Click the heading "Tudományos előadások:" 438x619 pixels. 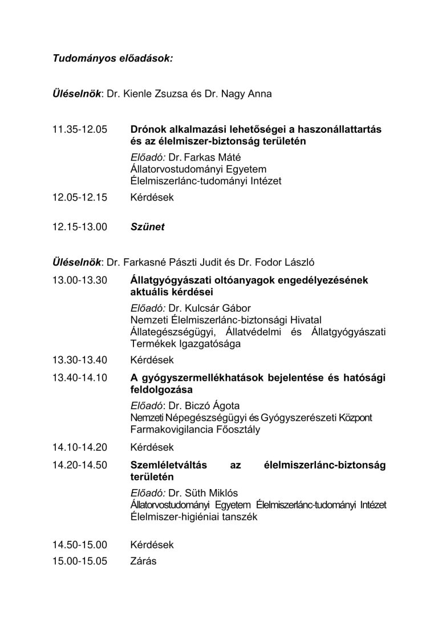(x=112, y=58)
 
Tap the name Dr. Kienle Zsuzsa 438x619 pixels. (x=147, y=93)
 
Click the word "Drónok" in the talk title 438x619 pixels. (x=148, y=129)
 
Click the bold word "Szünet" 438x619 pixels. (x=147, y=227)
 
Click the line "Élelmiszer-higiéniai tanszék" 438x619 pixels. (x=194, y=517)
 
